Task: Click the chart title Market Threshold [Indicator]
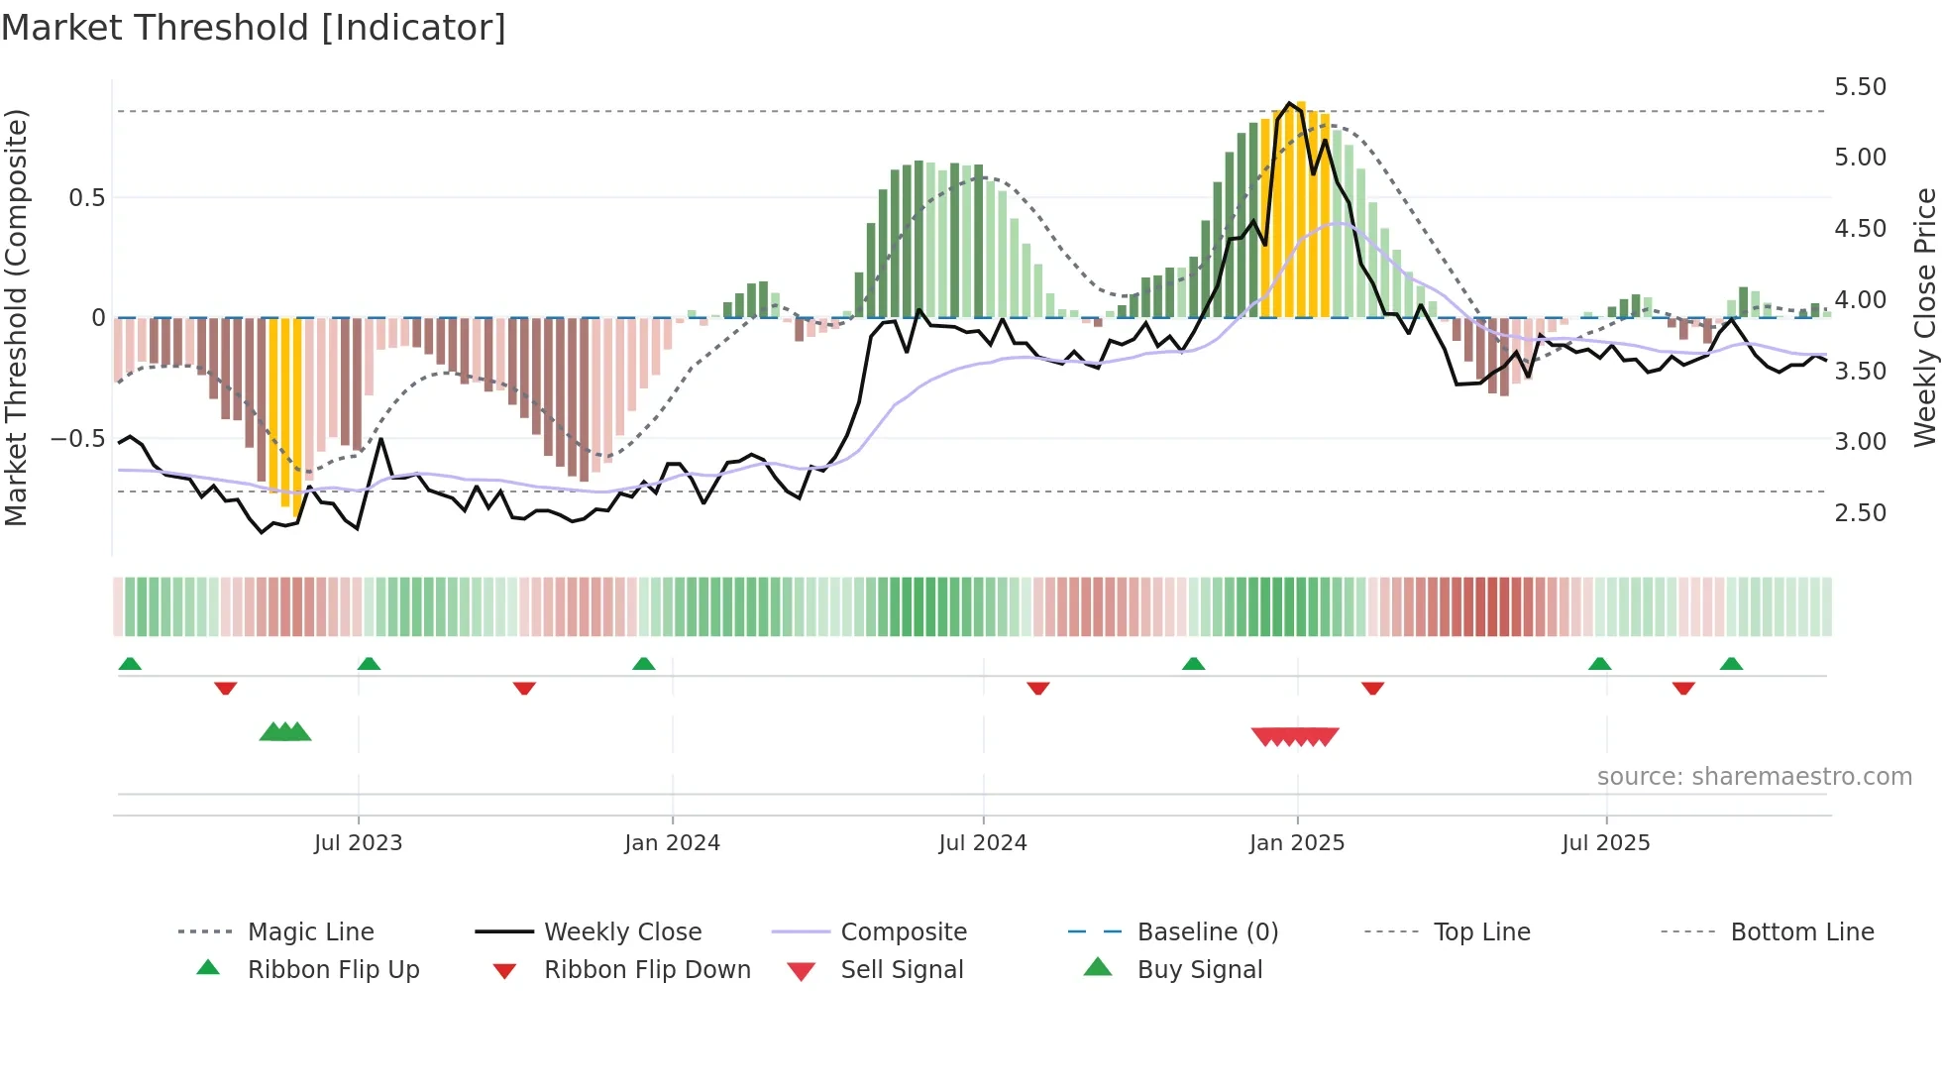(x=254, y=28)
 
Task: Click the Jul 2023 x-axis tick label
(x=358, y=843)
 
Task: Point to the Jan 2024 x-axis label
(x=672, y=843)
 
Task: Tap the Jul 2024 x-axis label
(x=982, y=843)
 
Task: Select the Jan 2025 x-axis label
(x=1296, y=843)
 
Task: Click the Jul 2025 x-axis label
(x=1605, y=843)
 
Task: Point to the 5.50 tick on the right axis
(x=1860, y=87)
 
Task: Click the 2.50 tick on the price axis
(x=1860, y=513)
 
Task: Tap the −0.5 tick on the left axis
(x=78, y=439)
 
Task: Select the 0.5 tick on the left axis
(x=86, y=198)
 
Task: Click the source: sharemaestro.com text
(x=1754, y=777)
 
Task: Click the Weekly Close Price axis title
(x=1924, y=317)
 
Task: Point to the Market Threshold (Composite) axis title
(x=16, y=317)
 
